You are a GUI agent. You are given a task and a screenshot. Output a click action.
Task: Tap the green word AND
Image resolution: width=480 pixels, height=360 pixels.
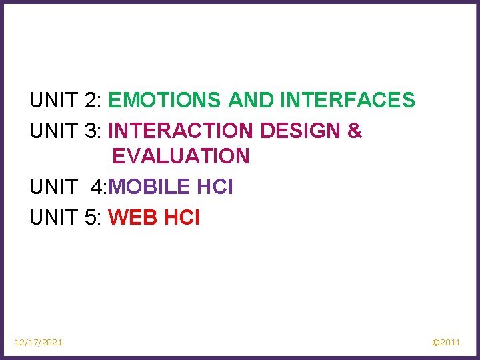point(251,101)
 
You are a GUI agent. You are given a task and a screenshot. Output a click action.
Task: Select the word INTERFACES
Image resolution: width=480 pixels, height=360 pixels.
point(347,101)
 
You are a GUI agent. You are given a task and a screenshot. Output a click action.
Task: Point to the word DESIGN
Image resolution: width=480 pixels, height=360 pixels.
point(301,131)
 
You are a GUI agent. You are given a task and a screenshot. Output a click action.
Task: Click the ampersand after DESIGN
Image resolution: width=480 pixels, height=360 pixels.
point(355,131)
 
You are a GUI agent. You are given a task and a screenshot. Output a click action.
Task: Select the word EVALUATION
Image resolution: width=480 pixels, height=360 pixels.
point(181,156)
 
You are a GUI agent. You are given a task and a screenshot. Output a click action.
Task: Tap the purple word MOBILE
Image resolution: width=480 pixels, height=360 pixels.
point(149,187)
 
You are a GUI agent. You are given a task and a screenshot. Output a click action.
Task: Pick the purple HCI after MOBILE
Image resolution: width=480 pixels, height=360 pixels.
point(215,187)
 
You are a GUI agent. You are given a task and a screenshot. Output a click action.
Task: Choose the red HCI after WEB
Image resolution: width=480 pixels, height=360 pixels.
point(181,217)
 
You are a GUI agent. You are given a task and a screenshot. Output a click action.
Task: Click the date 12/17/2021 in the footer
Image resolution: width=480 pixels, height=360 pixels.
point(39,342)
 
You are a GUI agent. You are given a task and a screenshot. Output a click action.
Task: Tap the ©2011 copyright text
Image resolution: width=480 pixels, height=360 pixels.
point(446,342)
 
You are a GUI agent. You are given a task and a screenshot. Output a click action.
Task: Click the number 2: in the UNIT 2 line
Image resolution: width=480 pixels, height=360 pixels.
point(93,101)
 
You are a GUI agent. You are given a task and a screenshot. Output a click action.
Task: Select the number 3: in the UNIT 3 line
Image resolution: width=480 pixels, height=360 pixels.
point(93,131)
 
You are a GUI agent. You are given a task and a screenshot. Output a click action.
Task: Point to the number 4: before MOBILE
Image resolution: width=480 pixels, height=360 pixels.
point(99,187)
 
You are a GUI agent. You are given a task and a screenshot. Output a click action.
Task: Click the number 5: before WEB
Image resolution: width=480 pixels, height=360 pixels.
point(93,217)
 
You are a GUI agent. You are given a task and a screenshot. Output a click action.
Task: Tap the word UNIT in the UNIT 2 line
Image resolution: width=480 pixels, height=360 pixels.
point(54,101)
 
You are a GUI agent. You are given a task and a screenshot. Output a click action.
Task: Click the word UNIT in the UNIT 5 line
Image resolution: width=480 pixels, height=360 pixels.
point(54,217)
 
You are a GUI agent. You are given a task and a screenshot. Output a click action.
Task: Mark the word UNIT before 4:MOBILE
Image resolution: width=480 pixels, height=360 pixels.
point(54,187)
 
